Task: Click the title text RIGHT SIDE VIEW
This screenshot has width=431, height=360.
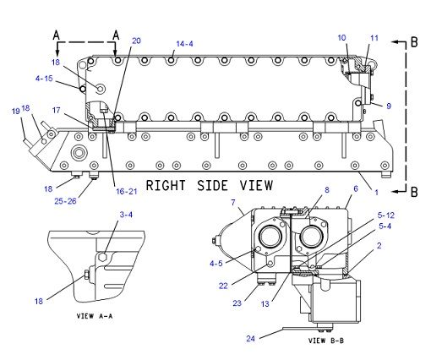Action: tap(209, 184)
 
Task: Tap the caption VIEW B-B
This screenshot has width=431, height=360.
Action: tap(328, 340)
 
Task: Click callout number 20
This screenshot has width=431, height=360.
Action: tap(137, 41)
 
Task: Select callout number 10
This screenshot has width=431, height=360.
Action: tap(341, 38)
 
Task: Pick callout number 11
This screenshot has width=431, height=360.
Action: tap(374, 38)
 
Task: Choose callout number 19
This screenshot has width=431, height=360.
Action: tap(15, 111)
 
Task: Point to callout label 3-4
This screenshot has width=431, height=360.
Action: tap(125, 215)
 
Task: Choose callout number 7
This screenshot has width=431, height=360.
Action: tap(233, 204)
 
